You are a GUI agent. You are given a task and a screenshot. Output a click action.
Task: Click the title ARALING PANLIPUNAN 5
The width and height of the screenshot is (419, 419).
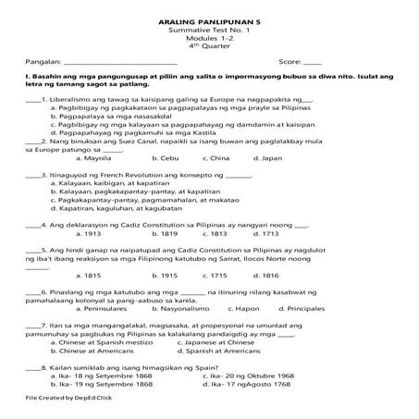pyautogui.click(x=209, y=19)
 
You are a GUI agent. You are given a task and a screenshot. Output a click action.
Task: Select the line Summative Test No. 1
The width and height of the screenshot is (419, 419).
pyautogui.click(x=209, y=30)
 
